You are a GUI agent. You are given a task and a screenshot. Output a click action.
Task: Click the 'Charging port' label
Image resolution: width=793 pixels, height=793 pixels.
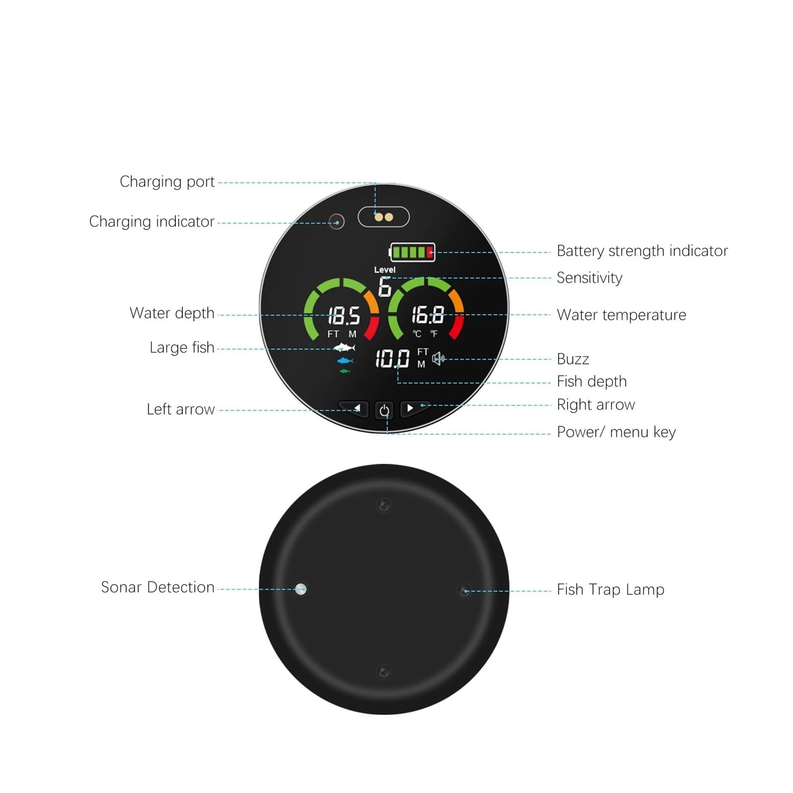[x=167, y=182]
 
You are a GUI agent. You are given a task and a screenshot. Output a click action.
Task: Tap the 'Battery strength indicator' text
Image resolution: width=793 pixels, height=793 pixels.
[x=642, y=251]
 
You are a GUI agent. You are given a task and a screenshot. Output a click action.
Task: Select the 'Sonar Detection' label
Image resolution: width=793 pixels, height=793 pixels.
[x=158, y=587]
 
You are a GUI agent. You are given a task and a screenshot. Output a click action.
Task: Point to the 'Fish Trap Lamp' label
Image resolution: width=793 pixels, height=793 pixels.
[x=611, y=590]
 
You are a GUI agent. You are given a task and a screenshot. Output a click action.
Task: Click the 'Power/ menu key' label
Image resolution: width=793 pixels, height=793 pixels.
[x=617, y=432]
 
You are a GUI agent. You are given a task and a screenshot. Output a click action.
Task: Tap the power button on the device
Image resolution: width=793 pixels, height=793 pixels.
[x=384, y=410]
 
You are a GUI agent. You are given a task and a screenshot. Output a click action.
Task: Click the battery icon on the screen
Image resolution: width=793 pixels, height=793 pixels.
[x=412, y=252]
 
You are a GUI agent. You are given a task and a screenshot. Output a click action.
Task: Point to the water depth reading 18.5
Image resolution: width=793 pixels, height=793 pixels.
[x=344, y=315]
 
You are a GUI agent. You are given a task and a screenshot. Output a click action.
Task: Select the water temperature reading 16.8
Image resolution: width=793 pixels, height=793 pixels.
[x=428, y=315]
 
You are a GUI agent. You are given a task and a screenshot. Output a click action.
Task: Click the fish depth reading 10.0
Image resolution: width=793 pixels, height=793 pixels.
[x=392, y=358]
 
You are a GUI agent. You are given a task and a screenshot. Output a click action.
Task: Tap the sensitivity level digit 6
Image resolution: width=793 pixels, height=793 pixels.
[x=385, y=287]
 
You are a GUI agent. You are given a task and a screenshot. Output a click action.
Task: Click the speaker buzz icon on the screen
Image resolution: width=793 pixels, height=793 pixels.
[x=439, y=358]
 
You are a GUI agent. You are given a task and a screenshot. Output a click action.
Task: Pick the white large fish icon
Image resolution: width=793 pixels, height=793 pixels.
[x=344, y=347]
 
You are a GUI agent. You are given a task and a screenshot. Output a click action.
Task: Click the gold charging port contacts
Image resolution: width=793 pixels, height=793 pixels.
[x=384, y=217]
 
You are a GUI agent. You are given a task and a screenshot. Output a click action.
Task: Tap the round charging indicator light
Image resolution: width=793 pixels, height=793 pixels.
[x=337, y=221]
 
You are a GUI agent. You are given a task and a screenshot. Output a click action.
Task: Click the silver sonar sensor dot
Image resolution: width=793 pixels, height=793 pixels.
[x=300, y=589]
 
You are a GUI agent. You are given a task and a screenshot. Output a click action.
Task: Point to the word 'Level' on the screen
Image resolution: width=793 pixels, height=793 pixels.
[x=385, y=270]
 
